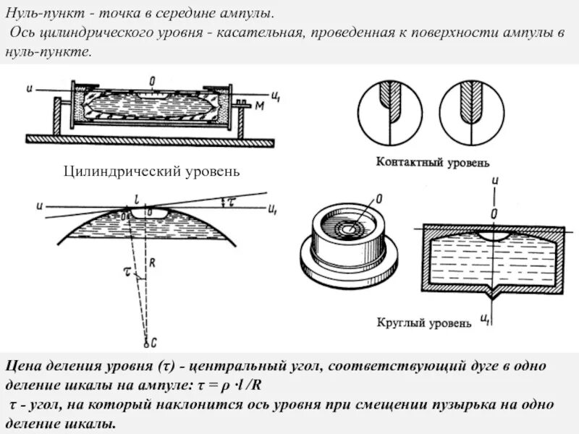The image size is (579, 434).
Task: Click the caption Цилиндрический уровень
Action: pos(151,171)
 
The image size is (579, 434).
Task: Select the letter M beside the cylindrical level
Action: pos(258,106)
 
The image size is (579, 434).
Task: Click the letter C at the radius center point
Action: pos(147,341)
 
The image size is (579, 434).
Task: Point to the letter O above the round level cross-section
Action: pos(494,214)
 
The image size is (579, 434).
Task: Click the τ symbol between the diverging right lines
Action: pos(231,203)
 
